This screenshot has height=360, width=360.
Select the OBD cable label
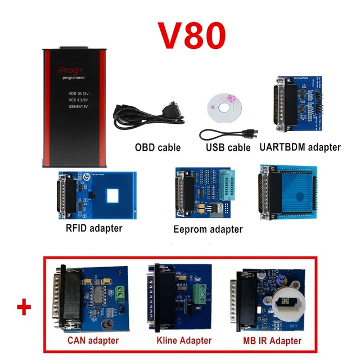157,147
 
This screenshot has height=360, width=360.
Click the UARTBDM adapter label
300,147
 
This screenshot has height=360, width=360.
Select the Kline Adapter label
184,340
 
